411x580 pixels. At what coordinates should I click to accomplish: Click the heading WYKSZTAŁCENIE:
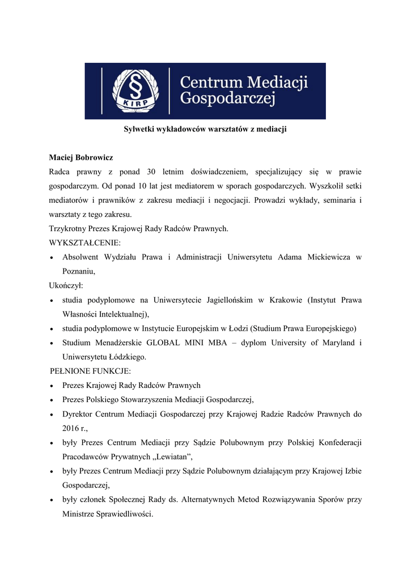[85, 242]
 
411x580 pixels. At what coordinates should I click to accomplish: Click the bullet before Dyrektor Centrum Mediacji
[52, 415]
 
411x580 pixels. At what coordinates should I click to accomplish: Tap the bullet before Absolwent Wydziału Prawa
[52, 258]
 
